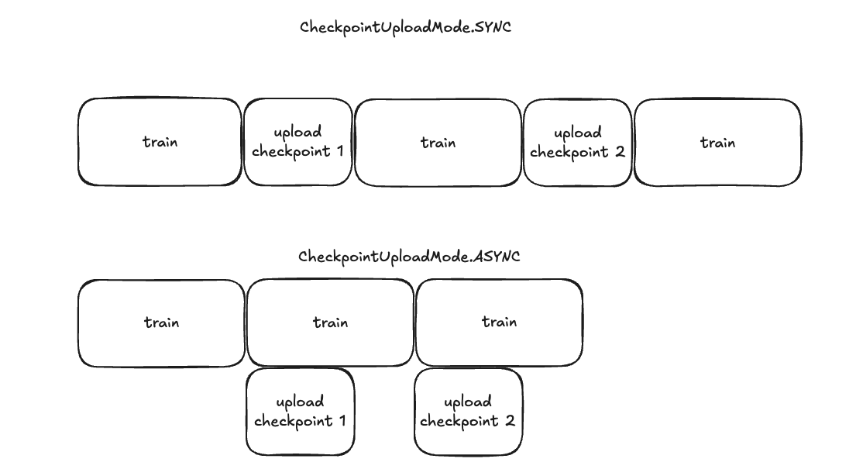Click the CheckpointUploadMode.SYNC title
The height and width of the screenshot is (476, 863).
click(405, 27)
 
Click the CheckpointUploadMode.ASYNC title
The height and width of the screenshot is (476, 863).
click(408, 257)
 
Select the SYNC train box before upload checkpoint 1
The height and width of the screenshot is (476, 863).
click(160, 142)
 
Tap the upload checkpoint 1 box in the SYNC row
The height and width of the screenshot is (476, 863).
click(298, 142)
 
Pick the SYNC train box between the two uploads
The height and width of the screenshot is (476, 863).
click(438, 143)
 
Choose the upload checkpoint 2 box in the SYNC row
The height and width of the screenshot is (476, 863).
click(578, 143)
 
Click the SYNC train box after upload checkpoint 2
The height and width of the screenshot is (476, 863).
click(717, 143)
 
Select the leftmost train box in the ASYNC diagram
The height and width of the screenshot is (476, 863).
click(161, 323)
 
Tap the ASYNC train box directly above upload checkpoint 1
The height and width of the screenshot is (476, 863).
click(330, 323)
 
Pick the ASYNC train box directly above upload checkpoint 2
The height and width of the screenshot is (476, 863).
click(499, 322)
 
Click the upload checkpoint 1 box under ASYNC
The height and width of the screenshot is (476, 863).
click(300, 412)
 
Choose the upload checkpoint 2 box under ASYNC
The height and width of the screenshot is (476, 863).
click(468, 412)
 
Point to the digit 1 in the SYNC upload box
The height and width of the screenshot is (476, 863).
click(339, 151)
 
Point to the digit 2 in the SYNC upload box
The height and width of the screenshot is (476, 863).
click(619, 151)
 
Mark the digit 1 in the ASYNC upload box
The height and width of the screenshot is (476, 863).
click(341, 421)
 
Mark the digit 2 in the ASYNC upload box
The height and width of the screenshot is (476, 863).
click(509, 421)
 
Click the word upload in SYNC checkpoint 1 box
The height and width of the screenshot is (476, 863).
click(298, 133)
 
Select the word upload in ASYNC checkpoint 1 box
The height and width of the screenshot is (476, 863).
click(300, 402)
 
